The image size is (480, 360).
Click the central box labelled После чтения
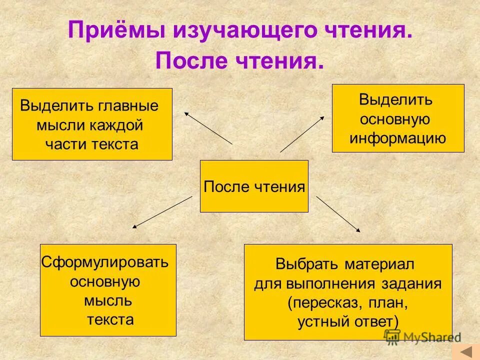point(254,186)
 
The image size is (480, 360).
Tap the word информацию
point(397,138)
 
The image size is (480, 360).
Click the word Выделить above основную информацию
point(395,99)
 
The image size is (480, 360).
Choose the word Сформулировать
point(105,262)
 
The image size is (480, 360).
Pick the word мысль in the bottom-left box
point(108,300)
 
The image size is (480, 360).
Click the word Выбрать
point(306,263)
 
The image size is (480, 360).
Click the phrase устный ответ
point(348,321)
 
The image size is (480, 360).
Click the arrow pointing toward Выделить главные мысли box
point(208,127)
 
